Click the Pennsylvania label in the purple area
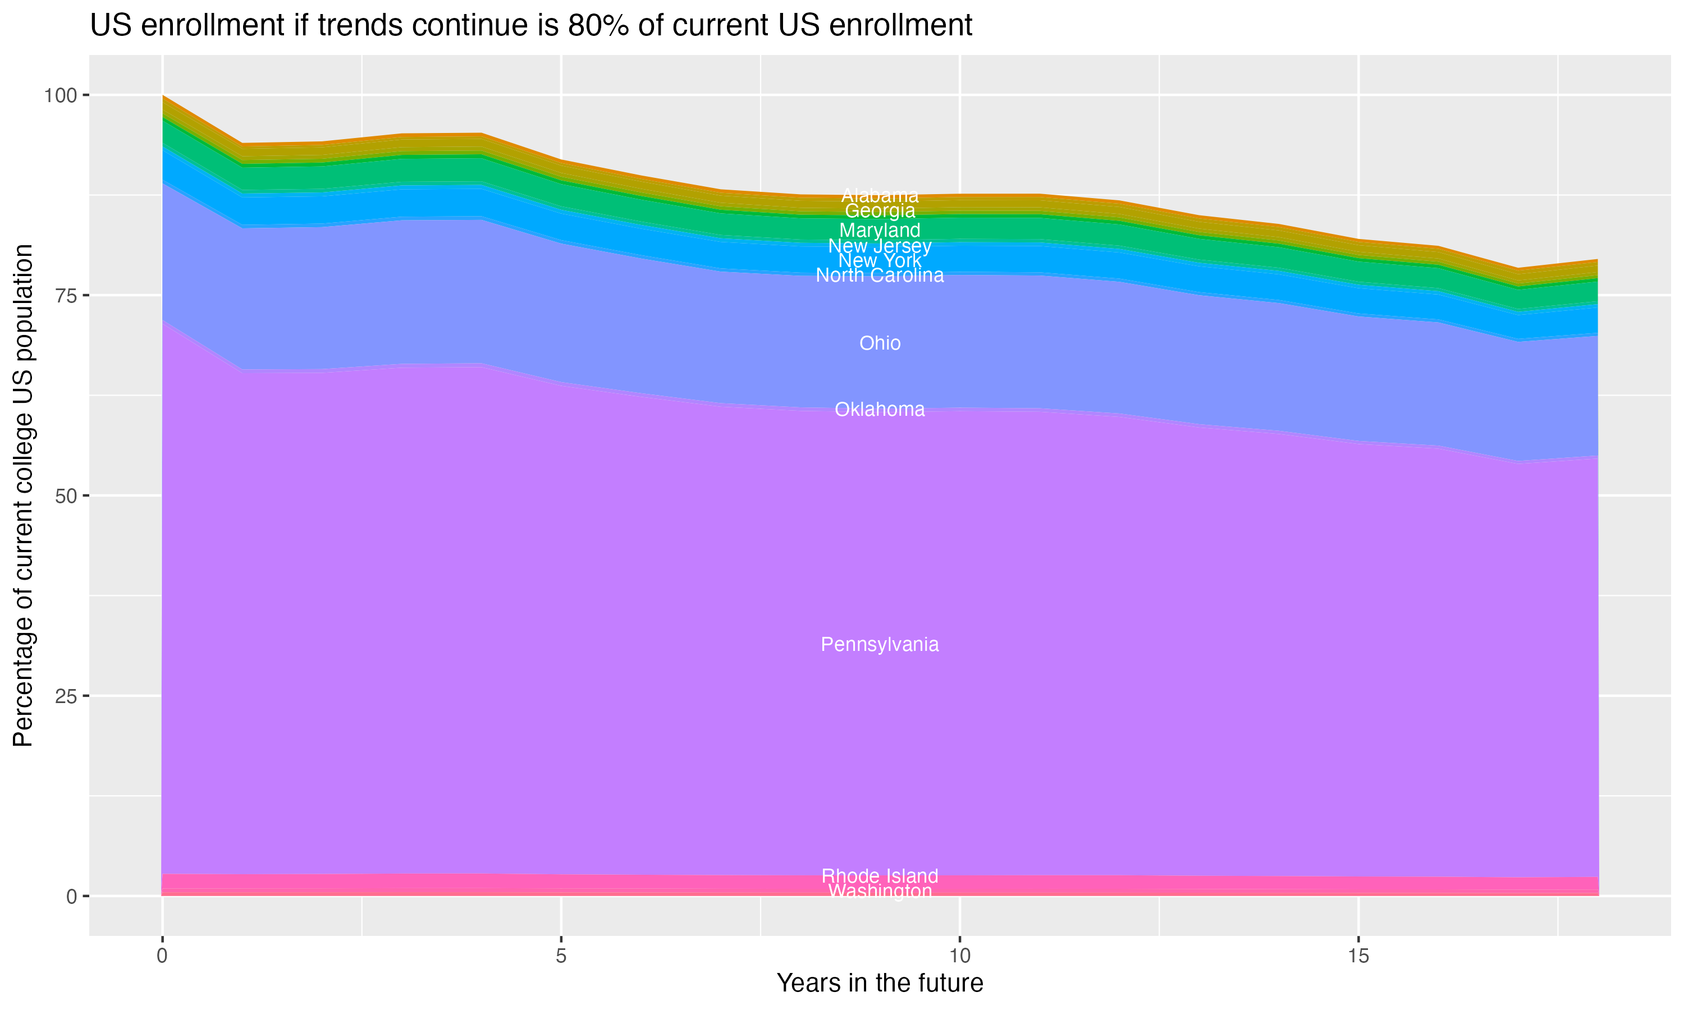coord(880,645)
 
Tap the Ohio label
coord(880,343)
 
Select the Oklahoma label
coord(880,409)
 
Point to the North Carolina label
coord(880,276)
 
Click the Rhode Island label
coord(880,876)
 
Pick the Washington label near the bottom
coord(880,892)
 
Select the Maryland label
coord(880,230)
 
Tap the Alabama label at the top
coord(880,195)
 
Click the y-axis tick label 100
coord(60,95)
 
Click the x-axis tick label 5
coord(561,956)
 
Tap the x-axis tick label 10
coord(959,956)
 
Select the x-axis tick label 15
coord(1358,956)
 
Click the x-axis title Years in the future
coord(880,983)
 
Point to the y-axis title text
coord(23,495)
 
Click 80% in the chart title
coord(599,26)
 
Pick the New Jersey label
coord(880,246)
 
